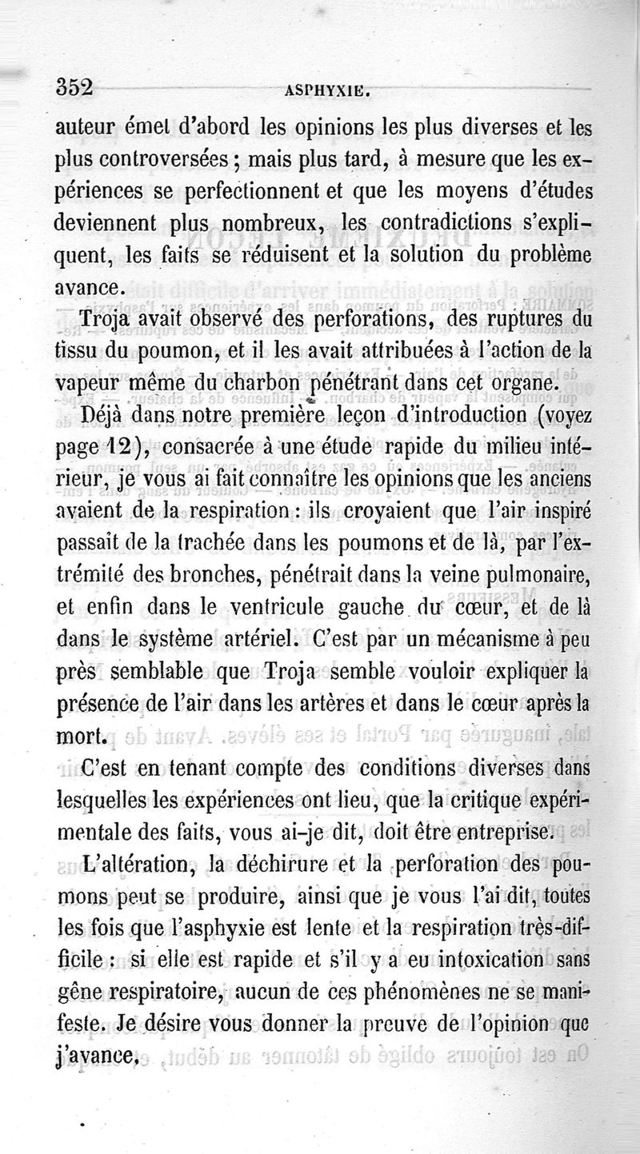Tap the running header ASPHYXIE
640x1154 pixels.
(327, 90)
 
